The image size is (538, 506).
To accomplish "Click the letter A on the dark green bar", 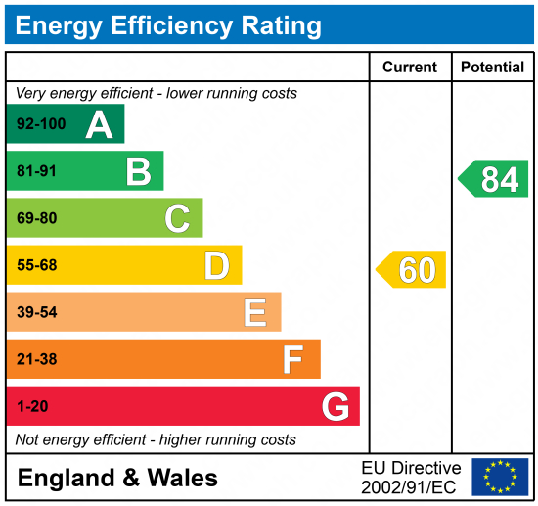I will pyautogui.click(x=99, y=124).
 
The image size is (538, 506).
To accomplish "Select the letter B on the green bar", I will pyautogui.click(x=138, y=171).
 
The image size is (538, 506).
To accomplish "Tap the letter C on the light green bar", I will pyautogui.click(x=177, y=218).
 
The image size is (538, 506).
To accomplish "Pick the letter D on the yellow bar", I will pyautogui.click(x=216, y=265).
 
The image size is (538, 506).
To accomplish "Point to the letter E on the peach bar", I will pyautogui.click(x=254, y=312).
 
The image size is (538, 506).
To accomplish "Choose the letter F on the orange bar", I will pyautogui.click(x=292, y=359).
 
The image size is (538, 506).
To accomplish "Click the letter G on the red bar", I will pyautogui.click(x=336, y=406).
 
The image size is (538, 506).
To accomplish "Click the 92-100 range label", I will pyautogui.click(x=38, y=125).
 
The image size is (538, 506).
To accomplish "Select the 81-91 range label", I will pyautogui.click(x=37, y=171).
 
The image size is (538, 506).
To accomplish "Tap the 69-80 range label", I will pyautogui.click(x=37, y=218).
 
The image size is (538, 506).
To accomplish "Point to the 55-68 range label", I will pyautogui.click(x=37, y=265).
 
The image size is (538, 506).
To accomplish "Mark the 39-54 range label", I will pyautogui.click(x=37, y=312).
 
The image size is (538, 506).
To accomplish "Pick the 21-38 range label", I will pyautogui.click(x=37, y=359).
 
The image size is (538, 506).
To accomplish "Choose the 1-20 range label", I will pyautogui.click(x=32, y=406).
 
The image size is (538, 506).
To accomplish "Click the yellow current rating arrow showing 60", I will pyautogui.click(x=412, y=269).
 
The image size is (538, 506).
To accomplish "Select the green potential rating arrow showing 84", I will pyautogui.click(x=494, y=179).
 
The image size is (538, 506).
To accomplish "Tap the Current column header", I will pyautogui.click(x=410, y=68).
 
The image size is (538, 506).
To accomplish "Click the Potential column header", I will pyautogui.click(x=492, y=68).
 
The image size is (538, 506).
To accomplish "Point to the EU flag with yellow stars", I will pyautogui.click(x=499, y=477).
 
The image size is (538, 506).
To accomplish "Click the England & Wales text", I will pyautogui.click(x=118, y=478).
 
